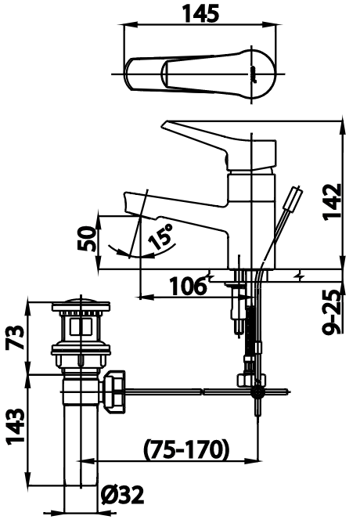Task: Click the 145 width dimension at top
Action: click(x=200, y=13)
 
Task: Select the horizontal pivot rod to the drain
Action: click(x=188, y=391)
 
